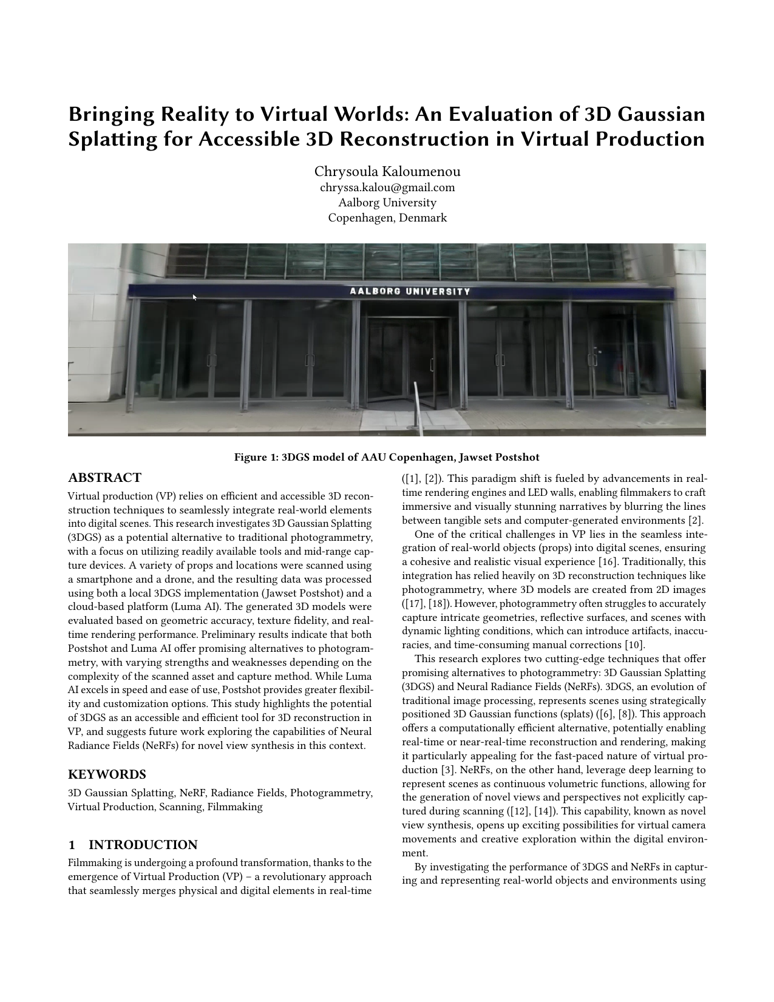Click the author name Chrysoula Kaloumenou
387,172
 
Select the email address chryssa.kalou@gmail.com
387,188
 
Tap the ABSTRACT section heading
104,478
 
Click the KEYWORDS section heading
107,774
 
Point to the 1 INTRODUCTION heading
133,845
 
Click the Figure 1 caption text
387,457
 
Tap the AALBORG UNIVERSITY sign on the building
410,291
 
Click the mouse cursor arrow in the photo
195,297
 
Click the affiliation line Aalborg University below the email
387,203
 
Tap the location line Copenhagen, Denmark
387,218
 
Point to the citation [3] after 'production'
447,770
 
